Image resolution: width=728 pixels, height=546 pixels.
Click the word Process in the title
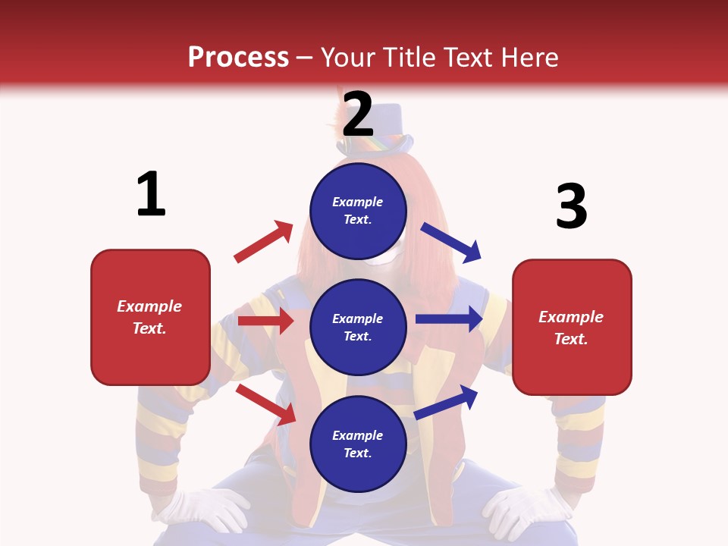pyautogui.click(x=238, y=58)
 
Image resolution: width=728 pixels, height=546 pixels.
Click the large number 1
pyautogui.click(x=151, y=194)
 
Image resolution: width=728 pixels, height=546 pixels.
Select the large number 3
pyautogui.click(x=571, y=206)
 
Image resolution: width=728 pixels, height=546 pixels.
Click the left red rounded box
pyautogui.click(x=150, y=317)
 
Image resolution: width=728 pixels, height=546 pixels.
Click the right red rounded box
pyautogui.click(x=572, y=328)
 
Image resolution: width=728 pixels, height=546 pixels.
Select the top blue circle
pyautogui.click(x=358, y=211)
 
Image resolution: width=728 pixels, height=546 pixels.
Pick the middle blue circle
pyautogui.click(x=358, y=327)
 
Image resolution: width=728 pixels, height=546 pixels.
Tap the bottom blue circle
pyautogui.click(x=358, y=444)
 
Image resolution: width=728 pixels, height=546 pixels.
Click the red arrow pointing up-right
pyautogui.click(x=263, y=242)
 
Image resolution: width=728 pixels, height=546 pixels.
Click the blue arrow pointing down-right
pyautogui.click(x=451, y=242)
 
